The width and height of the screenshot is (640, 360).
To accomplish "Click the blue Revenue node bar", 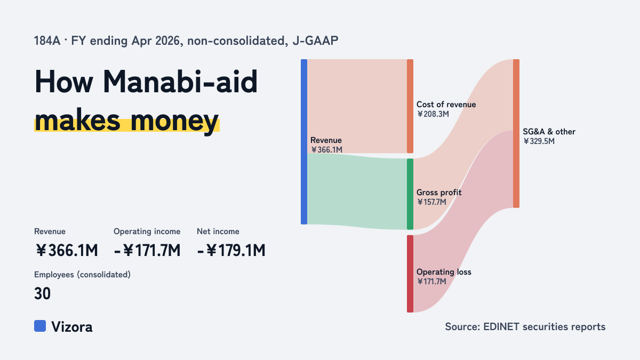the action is [x=304, y=142].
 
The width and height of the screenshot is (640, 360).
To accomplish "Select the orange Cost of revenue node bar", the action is [x=410, y=106].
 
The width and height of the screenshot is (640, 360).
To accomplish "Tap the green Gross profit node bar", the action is [x=410, y=194].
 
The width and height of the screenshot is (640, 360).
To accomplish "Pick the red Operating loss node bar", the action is [x=410, y=274].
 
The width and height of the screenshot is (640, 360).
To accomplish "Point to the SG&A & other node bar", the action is [x=516, y=133].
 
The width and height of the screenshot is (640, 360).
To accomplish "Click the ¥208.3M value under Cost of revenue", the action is [x=433, y=114].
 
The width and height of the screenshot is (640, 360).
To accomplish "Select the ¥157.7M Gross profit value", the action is [x=431, y=202].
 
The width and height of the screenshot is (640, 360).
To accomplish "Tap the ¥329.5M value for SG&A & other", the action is [x=539, y=141].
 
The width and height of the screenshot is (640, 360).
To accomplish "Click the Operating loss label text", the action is [x=444, y=272].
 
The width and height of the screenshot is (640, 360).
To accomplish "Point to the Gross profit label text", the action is [x=439, y=193].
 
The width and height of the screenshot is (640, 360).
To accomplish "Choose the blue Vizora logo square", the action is [x=40, y=326].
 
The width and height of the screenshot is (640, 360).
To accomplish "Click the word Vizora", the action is [x=72, y=327].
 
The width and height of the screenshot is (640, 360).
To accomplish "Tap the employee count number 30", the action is [x=42, y=293].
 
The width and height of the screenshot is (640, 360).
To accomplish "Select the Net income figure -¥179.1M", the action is [x=231, y=251].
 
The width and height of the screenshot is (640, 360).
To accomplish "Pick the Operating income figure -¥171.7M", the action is [x=147, y=251].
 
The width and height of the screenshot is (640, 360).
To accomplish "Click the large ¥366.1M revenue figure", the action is [x=67, y=251].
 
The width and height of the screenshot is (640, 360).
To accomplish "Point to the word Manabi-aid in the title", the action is [x=180, y=82].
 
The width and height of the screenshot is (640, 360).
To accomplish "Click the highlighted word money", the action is [x=174, y=121].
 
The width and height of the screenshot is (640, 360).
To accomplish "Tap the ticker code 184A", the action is [x=47, y=41].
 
